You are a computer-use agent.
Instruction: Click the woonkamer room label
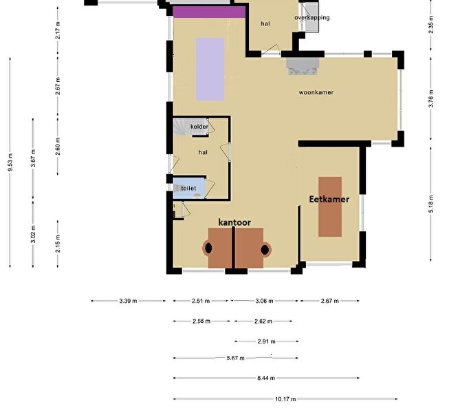click(x=316, y=92)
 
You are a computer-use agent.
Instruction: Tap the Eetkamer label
click(x=329, y=199)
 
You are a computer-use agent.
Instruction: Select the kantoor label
click(x=234, y=222)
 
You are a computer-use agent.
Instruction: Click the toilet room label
click(x=188, y=188)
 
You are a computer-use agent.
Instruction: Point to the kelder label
click(x=199, y=127)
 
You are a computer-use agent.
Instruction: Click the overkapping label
click(x=312, y=17)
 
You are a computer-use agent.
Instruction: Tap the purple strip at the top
click(x=209, y=12)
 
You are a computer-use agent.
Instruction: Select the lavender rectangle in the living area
click(x=210, y=69)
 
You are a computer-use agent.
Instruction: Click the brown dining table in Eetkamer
click(x=330, y=206)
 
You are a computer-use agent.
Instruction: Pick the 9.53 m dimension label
click(x=10, y=162)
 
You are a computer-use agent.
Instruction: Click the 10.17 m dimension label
click(x=285, y=399)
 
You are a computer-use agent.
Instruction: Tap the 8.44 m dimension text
click(x=266, y=378)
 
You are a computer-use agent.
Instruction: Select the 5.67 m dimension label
click(x=235, y=358)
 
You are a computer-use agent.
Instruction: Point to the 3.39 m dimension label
click(x=128, y=301)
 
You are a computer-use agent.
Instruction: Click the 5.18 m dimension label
click(x=431, y=204)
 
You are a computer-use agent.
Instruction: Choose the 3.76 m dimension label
click(x=431, y=98)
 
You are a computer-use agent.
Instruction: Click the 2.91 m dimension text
click(x=266, y=341)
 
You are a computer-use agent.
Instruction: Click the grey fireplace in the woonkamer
click(x=303, y=66)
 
